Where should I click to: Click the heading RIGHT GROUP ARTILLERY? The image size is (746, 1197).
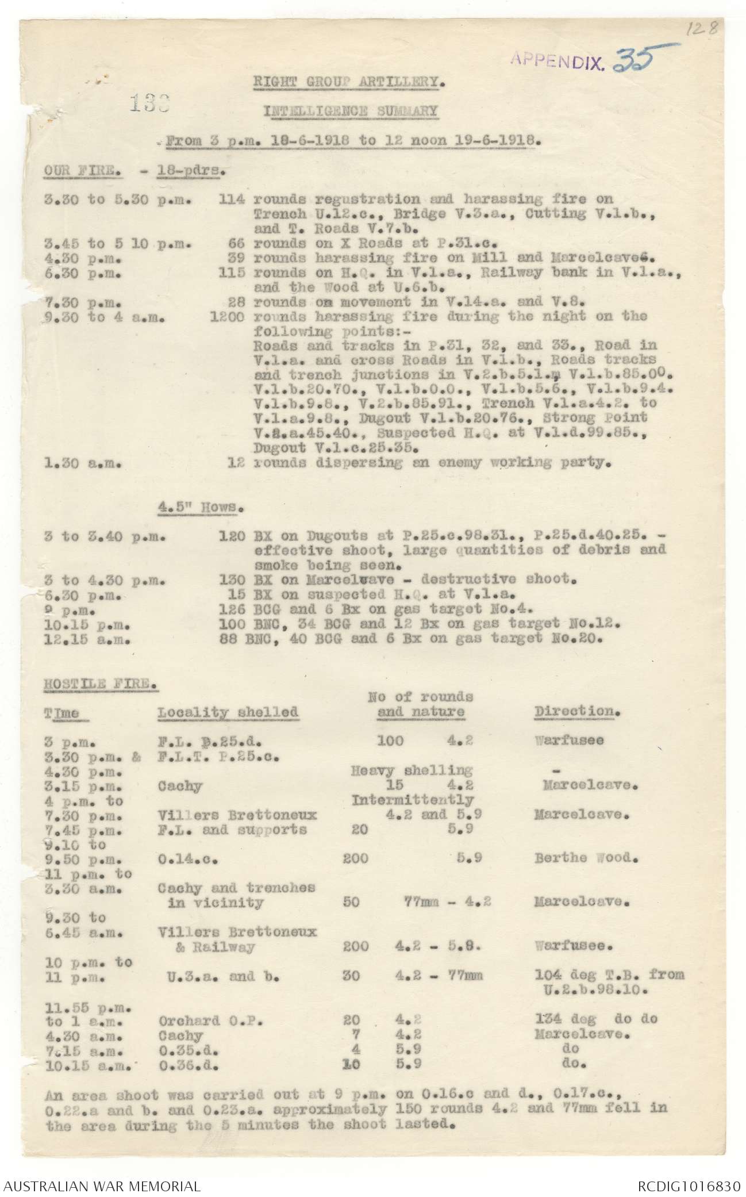(349, 82)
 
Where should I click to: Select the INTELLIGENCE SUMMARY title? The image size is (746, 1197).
(351, 111)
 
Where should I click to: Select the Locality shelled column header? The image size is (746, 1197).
(228, 712)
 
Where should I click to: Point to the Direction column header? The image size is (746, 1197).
(577, 711)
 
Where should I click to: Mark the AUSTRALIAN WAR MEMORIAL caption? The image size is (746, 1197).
(102, 1184)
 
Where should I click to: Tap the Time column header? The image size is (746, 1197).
(61, 713)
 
